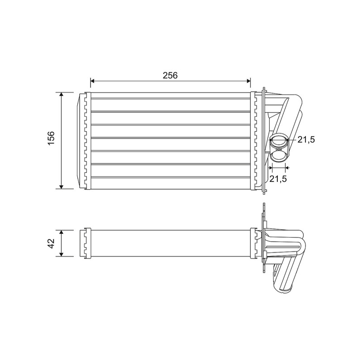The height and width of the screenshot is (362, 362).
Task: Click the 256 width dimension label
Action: tap(170, 75)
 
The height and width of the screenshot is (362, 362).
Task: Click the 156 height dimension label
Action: tap(51, 138)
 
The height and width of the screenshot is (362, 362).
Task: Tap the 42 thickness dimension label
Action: tap(51, 243)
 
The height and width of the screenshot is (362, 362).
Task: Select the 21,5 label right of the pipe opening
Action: tap(306, 139)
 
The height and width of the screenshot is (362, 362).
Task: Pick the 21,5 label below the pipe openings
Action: tap(278, 178)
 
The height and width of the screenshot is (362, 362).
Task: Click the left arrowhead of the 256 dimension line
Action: tap(92, 81)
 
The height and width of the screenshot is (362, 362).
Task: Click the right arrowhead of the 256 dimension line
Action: tap(248, 81)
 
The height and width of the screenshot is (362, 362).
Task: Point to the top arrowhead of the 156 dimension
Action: tap(61, 95)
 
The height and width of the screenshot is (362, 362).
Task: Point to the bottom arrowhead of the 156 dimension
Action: tap(61, 186)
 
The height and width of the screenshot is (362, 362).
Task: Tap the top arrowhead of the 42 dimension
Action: tap(61, 232)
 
